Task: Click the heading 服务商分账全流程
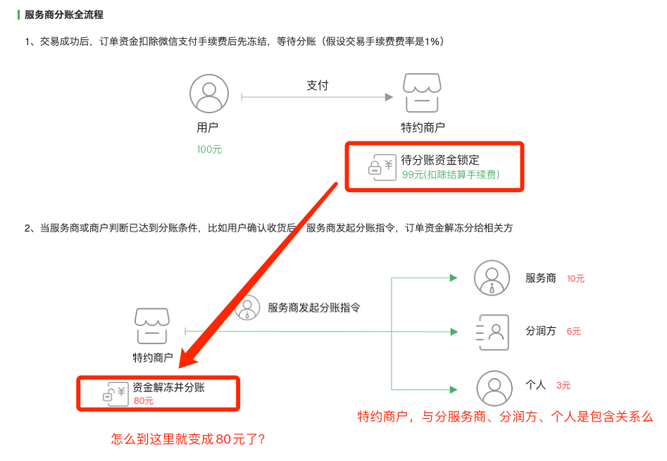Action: pyautogui.click(x=63, y=15)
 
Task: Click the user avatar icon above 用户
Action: pyautogui.click(x=209, y=94)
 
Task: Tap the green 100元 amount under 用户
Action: pyautogui.click(x=209, y=149)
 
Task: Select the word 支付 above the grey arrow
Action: pyautogui.click(x=317, y=85)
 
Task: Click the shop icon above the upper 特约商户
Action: pyautogui.click(x=423, y=92)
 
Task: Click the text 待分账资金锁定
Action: pyautogui.click(x=440, y=160)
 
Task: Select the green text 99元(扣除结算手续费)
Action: pyautogui.click(x=451, y=175)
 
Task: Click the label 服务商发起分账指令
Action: pyautogui.click(x=314, y=308)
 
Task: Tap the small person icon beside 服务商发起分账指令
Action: pyautogui.click(x=247, y=308)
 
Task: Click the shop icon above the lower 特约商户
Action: pyautogui.click(x=152, y=326)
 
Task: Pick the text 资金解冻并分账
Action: pyautogui.click(x=169, y=387)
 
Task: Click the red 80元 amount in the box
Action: pyautogui.click(x=143, y=401)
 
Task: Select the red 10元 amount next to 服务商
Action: pyautogui.click(x=575, y=279)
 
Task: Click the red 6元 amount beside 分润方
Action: pyautogui.click(x=573, y=331)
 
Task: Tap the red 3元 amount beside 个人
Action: pyautogui.click(x=563, y=386)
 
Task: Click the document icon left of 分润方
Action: pyautogui.click(x=492, y=331)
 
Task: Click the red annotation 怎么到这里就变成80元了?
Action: pyautogui.click(x=188, y=438)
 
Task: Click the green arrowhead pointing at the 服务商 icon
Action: pyautogui.click(x=454, y=278)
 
